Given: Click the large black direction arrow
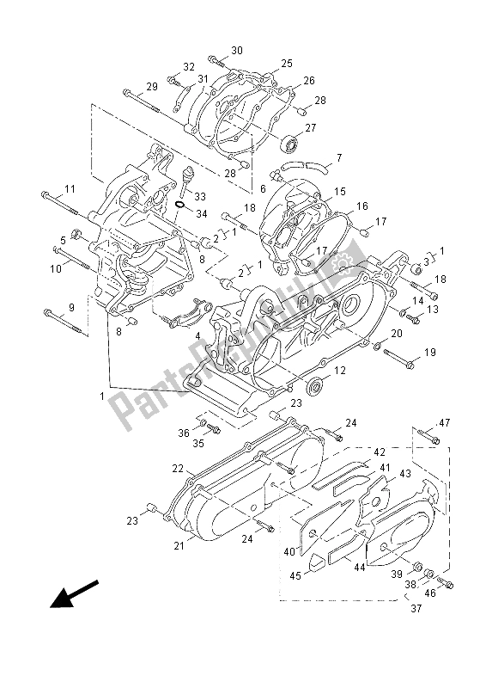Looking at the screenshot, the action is point(74,594).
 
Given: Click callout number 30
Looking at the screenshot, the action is point(237,51).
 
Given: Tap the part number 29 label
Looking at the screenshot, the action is point(152,87).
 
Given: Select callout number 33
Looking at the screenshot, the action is point(200,197).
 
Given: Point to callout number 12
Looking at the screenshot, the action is point(340,371).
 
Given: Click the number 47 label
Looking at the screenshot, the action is point(445,423).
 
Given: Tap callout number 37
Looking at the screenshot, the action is point(416,609).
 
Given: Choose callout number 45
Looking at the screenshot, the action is point(295,575).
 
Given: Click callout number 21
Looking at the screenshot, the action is point(179,546).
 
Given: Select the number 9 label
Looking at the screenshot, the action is point(71,308).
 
